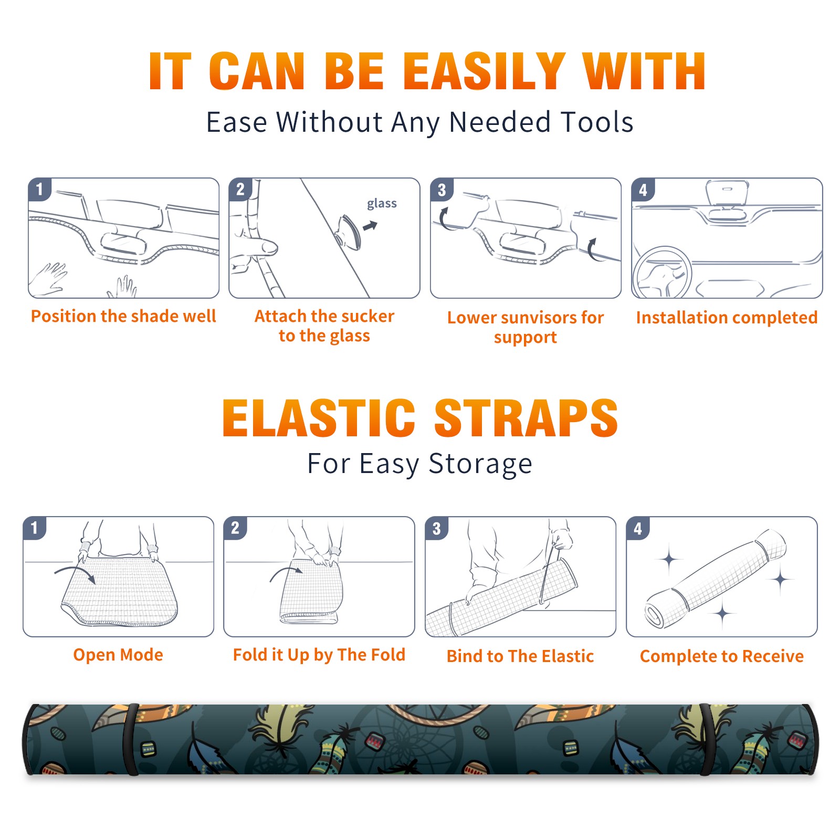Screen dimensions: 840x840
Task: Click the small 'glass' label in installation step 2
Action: (x=382, y=204)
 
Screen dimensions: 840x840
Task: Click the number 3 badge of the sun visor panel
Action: (x=442, y=190)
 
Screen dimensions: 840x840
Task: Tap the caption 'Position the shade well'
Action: (x=123, y=316)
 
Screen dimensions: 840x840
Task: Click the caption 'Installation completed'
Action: (x=727, y=317)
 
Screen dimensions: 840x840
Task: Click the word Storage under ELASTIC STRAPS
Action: (x=480, y=464)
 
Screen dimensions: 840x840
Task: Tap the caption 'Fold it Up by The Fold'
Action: (x=319, y=655)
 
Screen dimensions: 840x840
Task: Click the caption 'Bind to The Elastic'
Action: (x=520, y=656)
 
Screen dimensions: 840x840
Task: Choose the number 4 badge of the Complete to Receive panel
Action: (x=637, y=528)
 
